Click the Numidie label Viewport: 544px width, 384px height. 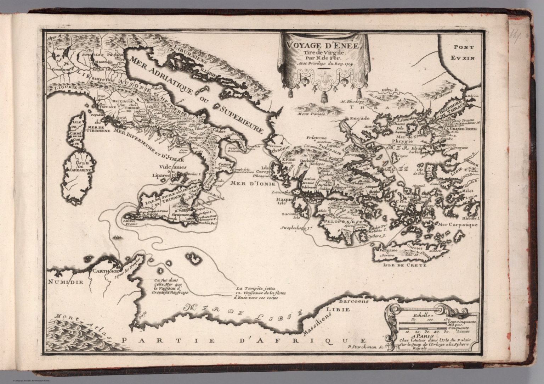click(x=66, y=282)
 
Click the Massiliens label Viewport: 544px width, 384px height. click(x=318, y=322)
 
